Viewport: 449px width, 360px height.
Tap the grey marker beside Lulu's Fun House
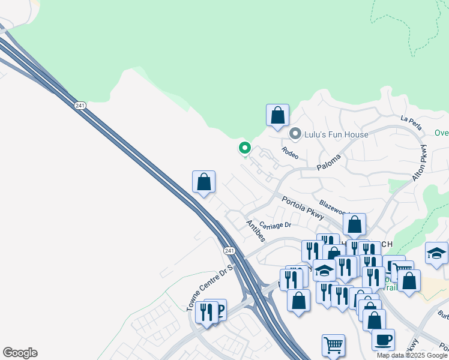295,134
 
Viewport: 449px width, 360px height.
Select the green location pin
244,148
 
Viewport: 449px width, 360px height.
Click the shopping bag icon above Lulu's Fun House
277,115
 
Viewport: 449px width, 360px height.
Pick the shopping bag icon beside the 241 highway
203,182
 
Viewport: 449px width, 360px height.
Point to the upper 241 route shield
80,106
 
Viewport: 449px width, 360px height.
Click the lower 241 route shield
229,250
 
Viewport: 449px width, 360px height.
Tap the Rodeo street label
290,153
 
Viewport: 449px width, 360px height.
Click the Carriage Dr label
275,226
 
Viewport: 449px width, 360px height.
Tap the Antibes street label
256,230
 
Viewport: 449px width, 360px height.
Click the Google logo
20,353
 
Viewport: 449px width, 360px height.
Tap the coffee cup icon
383,340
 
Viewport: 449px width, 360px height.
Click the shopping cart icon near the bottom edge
333,345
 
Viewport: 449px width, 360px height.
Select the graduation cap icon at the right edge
436,253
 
